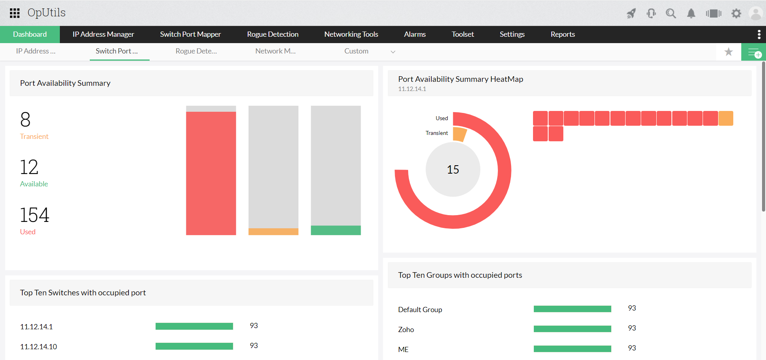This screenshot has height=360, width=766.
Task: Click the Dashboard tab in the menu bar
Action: [x=30, y=34]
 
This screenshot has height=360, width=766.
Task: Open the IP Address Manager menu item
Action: [x=103, y=34]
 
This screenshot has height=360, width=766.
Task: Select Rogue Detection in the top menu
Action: [x=272, y=34]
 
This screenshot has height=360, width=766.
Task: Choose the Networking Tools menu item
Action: [x=351, y=34]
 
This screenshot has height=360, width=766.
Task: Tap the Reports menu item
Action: [x=563, y=34]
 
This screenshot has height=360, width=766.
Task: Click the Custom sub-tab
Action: [x=356, y=51]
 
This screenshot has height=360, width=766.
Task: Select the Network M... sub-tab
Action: [x=275, y=51]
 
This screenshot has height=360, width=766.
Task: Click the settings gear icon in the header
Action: [x=736, y=14]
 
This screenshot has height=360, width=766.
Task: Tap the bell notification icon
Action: [x=691, y=14]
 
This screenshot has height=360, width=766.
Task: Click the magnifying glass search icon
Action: [x=671, y=14]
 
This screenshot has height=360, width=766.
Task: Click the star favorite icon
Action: [x=728, y=52]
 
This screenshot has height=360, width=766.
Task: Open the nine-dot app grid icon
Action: [x=15, y=13]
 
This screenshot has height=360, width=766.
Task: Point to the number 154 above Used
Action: [x=35, y=215]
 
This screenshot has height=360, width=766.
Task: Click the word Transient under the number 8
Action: [x=34, y=136]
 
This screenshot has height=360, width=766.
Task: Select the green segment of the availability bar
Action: [x=336, y=230]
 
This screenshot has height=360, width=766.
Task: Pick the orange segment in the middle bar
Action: [x=273, y=231]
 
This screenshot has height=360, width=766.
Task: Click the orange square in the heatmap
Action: [x=726, y=119]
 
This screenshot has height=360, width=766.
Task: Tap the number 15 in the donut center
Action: [x=453, y=170]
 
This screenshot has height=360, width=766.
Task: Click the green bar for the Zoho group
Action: [x=572, y=329]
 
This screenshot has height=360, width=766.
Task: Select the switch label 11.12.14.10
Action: [x=39, y=347]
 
